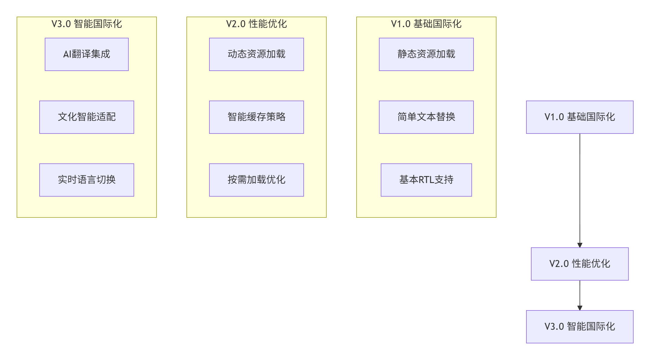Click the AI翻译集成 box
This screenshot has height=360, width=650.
(x=87, y=54)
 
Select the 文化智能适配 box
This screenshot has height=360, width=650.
(x=87, y=117)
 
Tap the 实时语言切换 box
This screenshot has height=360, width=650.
(x=87, y=180)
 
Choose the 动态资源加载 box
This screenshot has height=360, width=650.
(x=257, y=54)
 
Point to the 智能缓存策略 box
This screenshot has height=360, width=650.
(x=257, y=117)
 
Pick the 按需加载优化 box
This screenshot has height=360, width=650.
(x=257, y=180)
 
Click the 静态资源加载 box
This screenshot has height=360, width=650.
(x=426, y=54)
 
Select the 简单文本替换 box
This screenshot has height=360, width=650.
(x=426, y=117)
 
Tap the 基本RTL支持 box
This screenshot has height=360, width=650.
(x=426, y=180)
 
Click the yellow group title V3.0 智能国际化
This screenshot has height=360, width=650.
(x=87, y=24)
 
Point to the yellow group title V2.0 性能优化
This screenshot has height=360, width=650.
(x=257, y=24)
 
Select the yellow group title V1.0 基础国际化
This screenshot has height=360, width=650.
(x=426, y=24)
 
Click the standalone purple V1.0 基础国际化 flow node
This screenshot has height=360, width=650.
(x=580, y=117)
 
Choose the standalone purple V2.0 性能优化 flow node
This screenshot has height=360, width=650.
(x=580, y=264)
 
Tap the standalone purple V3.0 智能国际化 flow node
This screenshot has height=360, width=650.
(x=580, y=327)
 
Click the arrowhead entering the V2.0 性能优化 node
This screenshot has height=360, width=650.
(x=580, y=245)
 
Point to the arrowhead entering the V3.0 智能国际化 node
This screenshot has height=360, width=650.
(x=580, y=308)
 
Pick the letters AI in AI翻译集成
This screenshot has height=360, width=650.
(x=67, y=54)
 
